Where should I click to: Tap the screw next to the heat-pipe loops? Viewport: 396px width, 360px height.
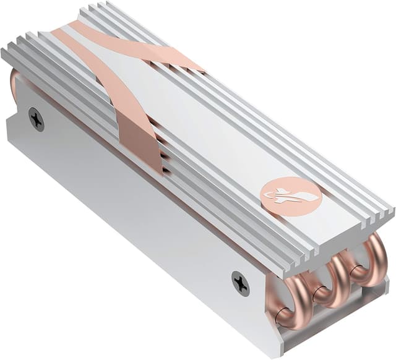240,283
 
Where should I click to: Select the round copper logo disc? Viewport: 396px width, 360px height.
290,195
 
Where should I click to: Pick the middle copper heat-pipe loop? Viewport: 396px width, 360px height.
328,281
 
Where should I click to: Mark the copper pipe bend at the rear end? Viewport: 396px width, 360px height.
15,84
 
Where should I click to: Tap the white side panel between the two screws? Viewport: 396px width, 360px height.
136,204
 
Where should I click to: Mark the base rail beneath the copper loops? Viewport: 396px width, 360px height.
334,325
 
